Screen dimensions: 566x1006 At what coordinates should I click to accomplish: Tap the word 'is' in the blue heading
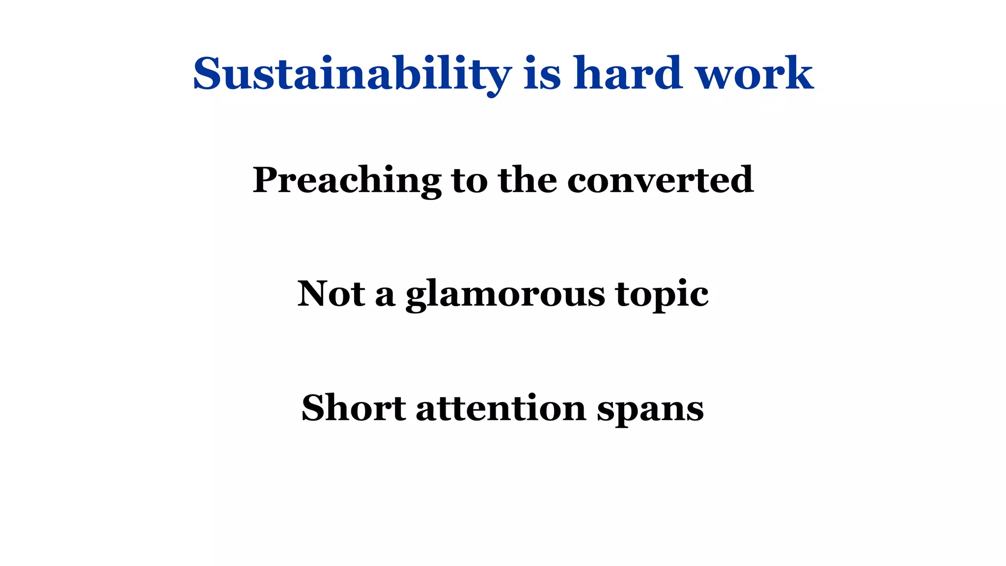point(542,74)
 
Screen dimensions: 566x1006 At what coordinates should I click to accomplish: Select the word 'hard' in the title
point(628,74)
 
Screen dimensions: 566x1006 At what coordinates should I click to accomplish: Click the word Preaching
point(347,180)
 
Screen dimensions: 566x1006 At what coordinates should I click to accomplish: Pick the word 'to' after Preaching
point(470,180)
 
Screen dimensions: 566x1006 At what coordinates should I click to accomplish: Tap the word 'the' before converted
point(528,180)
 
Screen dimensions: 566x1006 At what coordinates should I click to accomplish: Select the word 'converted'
point(660,180)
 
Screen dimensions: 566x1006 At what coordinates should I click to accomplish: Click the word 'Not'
point(331,294)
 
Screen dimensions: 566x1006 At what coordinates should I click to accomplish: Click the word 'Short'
point(354,408)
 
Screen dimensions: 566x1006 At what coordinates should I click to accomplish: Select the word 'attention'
point(501,408)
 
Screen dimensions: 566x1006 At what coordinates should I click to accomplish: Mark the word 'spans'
point(650,410)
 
